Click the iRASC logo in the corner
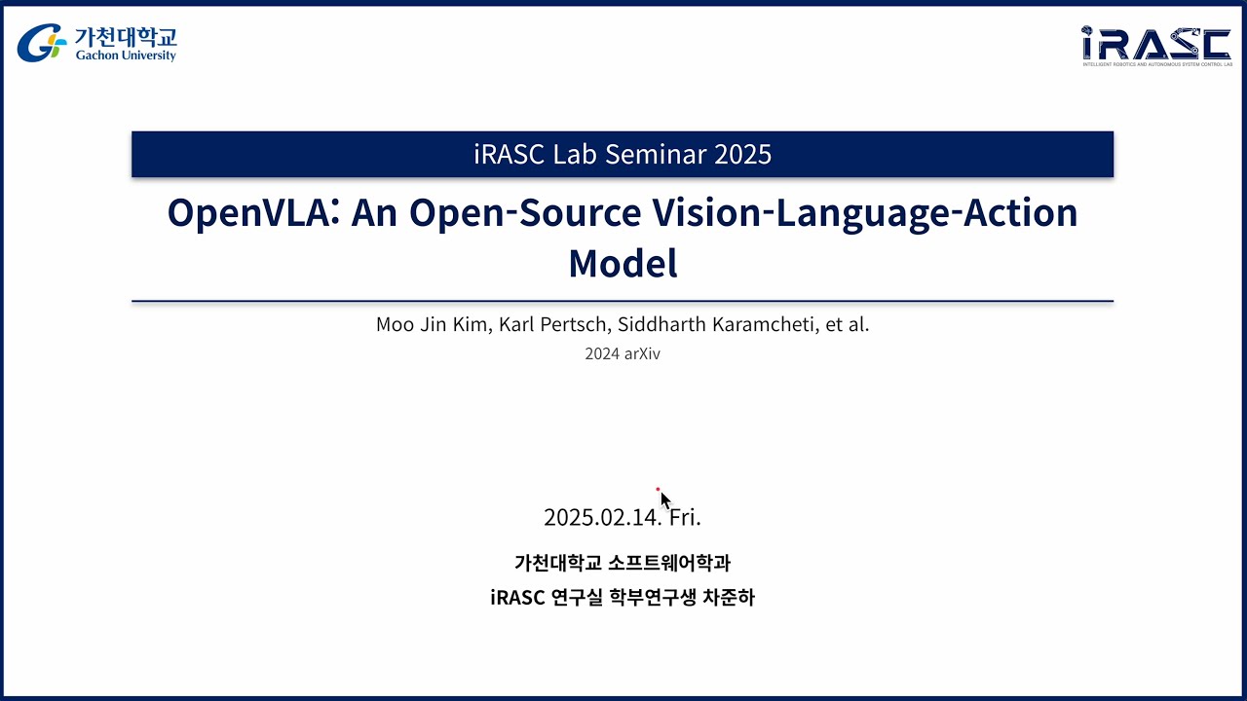pyautogui.click(x=1155, y=44)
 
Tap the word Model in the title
pyautogui.click(x=623, y=263)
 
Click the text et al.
pyautogui.click(x=847, y=324)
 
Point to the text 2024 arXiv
pyautogui.click(x=623, y=354)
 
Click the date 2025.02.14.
pyautogui.click(x=601, y=517)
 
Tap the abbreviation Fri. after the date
pyautogui.click(x=685, y=517)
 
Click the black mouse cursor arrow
pyautogui.click(x=665, y=500)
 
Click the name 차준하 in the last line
pyautogui.click(x=728, y=597)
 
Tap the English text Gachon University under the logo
pyautogui.click(x=126, y=55)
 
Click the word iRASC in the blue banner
pyautogui.click(x=511, y=154)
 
